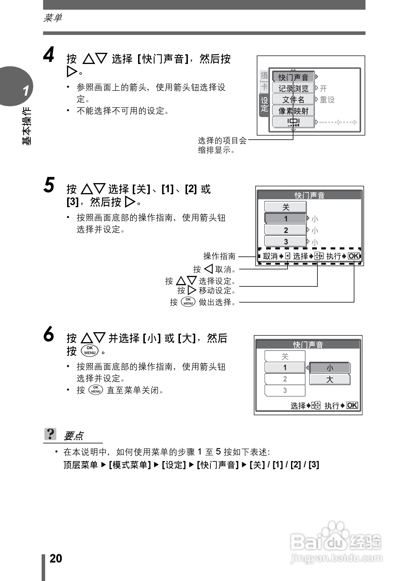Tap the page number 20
56,558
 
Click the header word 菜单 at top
53,18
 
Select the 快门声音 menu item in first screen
293,77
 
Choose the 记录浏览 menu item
293,88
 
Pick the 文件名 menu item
293,100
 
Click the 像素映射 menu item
293,111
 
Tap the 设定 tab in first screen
264,104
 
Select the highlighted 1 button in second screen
285,219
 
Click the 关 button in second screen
285,207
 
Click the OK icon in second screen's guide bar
353,256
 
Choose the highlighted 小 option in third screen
330,368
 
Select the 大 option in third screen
330,379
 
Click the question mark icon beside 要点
50,434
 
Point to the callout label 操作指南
219,256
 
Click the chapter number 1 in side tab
26,91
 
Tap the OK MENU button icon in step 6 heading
90,351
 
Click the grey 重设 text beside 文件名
327,100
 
